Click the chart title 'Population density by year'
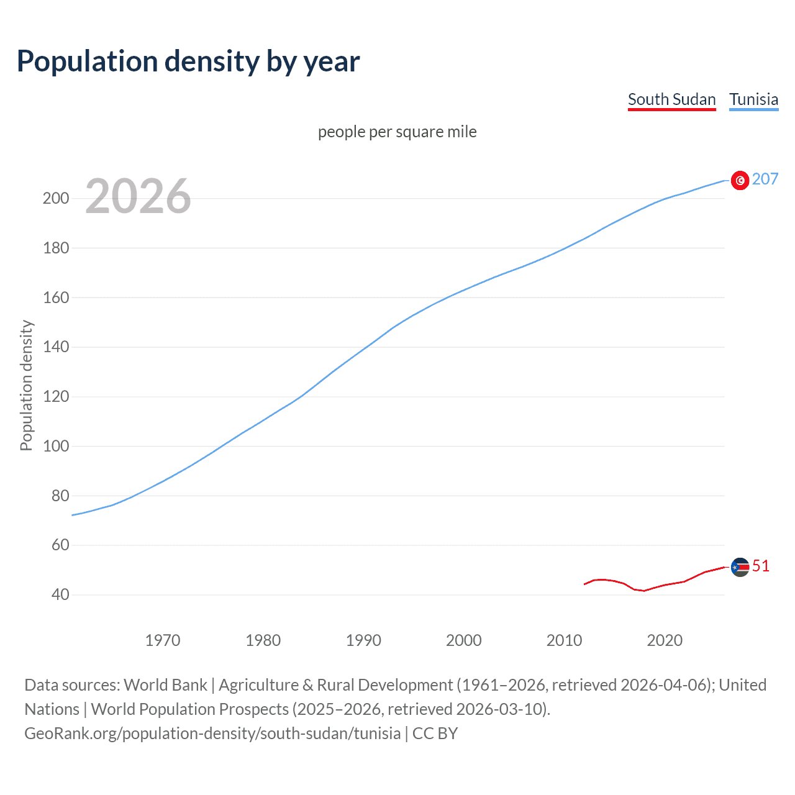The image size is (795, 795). (x=188, y=61)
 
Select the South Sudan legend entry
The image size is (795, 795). (x=671, y=99)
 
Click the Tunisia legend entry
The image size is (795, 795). (x=753, y=99)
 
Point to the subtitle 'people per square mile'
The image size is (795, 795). (x=397, y=132)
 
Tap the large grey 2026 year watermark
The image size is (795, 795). (x=138, y=196)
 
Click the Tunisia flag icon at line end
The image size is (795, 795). (x=740, y=180)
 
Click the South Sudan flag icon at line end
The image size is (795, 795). (x=740, y=566)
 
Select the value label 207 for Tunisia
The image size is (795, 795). (x=765, y=179)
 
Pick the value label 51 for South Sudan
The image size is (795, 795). (x=760, y=566)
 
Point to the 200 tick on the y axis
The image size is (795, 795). (x=56, y=199)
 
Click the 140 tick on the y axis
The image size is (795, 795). (x=56, y=347)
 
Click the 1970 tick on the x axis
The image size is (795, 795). (x=163, y=640)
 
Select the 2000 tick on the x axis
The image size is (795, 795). (x=463, y=640)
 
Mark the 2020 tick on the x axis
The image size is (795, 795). (x=665, y=640)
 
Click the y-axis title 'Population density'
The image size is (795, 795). (x=26, y=385)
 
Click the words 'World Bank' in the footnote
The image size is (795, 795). (x=165, y=685)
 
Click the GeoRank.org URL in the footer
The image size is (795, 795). (x=212, y=734)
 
